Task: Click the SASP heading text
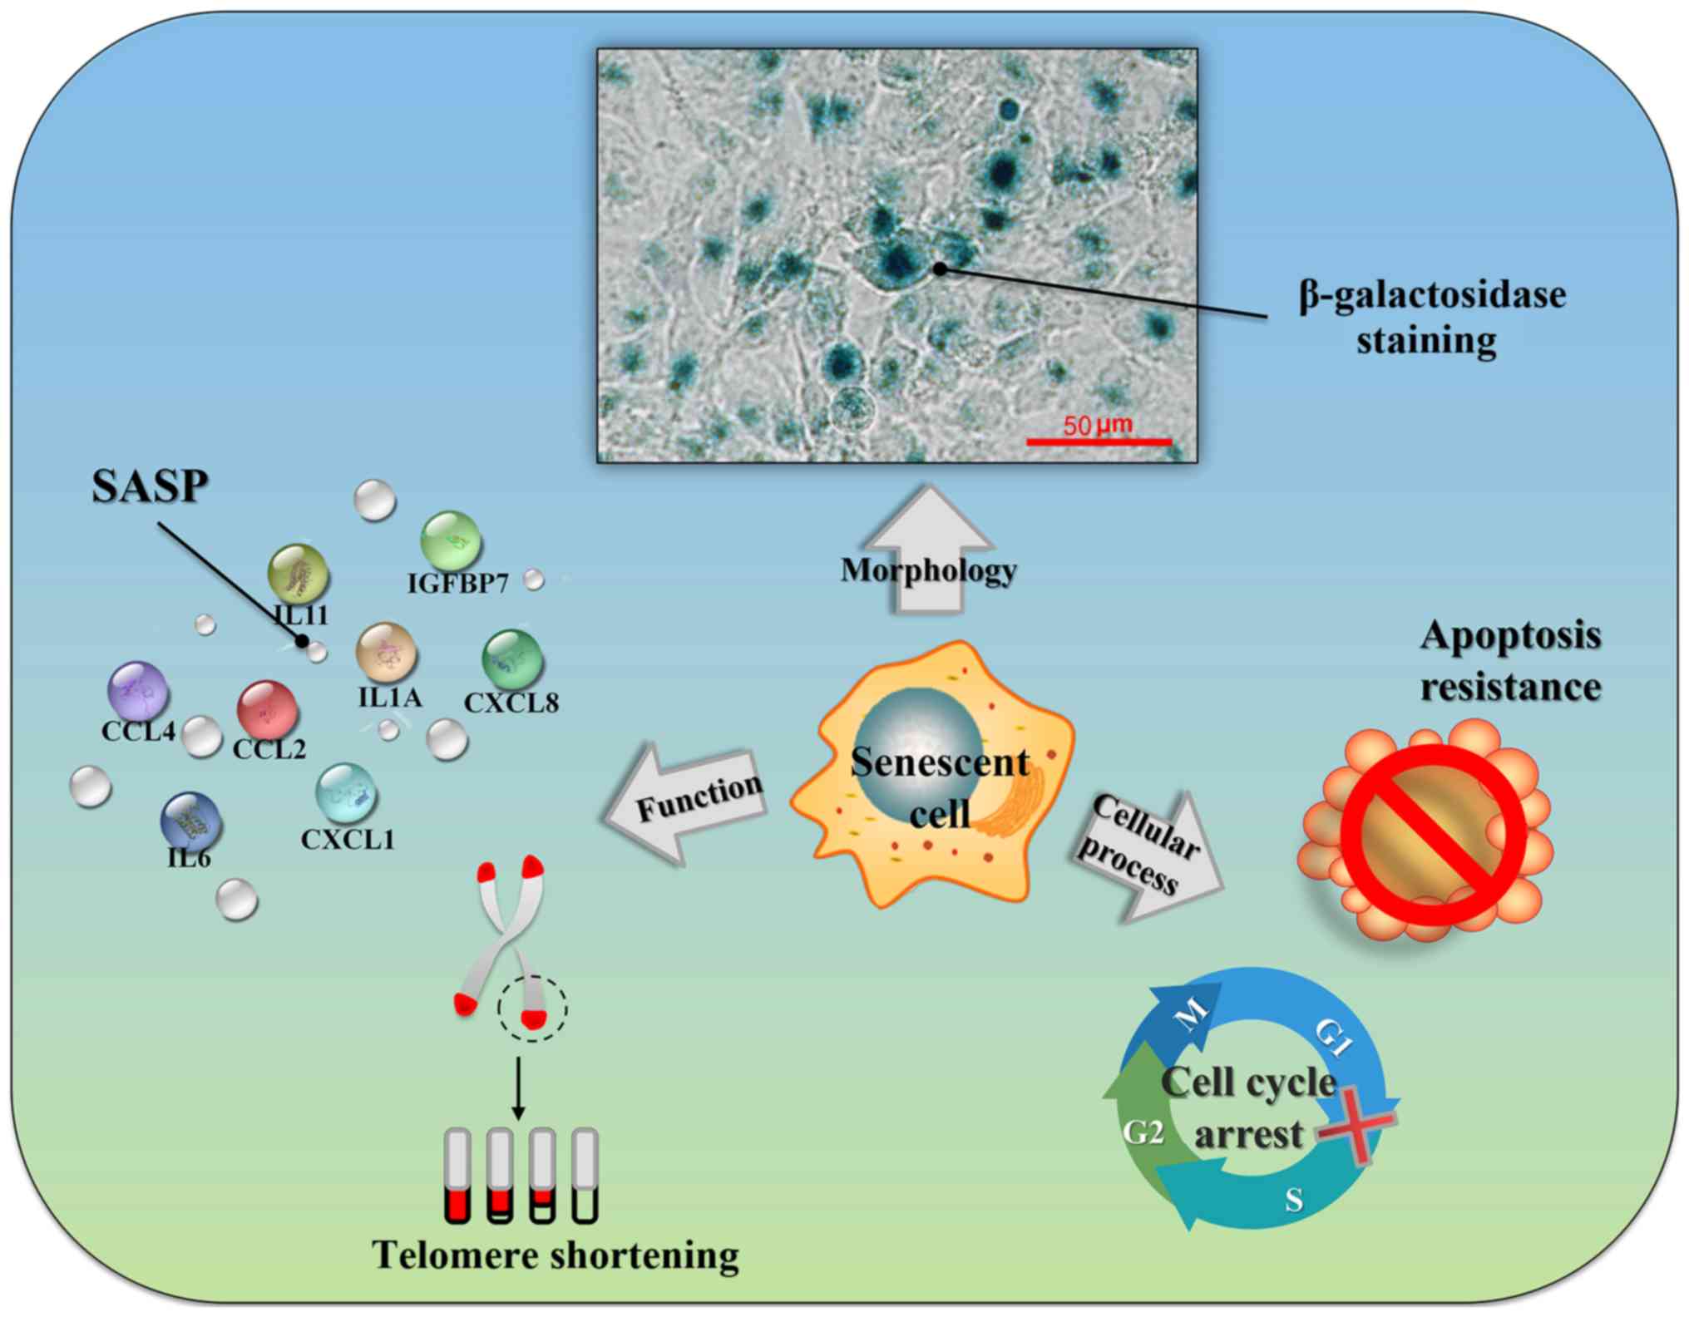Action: pyautogui.click(x=150, y=486)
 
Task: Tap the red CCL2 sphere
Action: pyautogui.click(x=267, y=710)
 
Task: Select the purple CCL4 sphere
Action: pyautogui.click(x=138, y=691)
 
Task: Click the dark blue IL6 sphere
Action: pyautogui.click(x=191, y=821)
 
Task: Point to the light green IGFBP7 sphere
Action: pyautogui.click(x=451, y=541)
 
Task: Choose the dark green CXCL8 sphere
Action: pyautogui.click(x=512, y=659)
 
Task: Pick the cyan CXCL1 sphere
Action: pyautogui.click(x=347, y=793)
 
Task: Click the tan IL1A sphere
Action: pyautogui.click(x=386, y=654)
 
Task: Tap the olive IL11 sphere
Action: pyautogui.click(x=299, y=574)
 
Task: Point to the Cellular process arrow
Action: pyautogui.click(x=1148, y=856)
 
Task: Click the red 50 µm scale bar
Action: pyautogui.click(x=1099, y=441)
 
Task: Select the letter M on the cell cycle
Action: pyautogui.click(x=1192, y=1014)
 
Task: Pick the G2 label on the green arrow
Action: pyautogui.click(x=1143, y=1132)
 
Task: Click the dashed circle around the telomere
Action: pyautogui.click(x=532, y=1008)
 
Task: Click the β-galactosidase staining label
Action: pyautogui.click(x=1431, y=317)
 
